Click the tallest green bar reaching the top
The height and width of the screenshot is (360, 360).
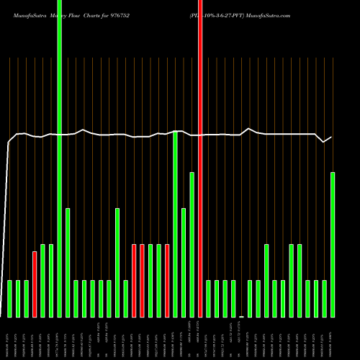coord(60,158)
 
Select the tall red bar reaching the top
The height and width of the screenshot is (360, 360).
coord(200,158)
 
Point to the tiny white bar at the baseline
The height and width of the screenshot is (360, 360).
coord(242,316)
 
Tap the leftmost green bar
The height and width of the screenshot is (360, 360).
coord(9,298)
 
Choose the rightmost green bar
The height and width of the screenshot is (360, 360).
coord(333,245)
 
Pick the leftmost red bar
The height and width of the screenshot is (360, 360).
coord(35,284)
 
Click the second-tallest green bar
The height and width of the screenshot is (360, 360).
coord(175,223)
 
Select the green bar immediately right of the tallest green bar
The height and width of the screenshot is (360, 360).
coord(68,262)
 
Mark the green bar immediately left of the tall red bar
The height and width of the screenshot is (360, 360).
coord(192,245)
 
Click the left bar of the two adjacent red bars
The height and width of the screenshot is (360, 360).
coord(134,280)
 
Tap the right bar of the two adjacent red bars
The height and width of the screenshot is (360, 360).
coord(143,280)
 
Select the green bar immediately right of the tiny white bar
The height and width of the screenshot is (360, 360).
coord(250,298)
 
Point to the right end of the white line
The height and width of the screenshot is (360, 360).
coord(331,137)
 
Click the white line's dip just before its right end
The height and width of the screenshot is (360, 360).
coord(324,142)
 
